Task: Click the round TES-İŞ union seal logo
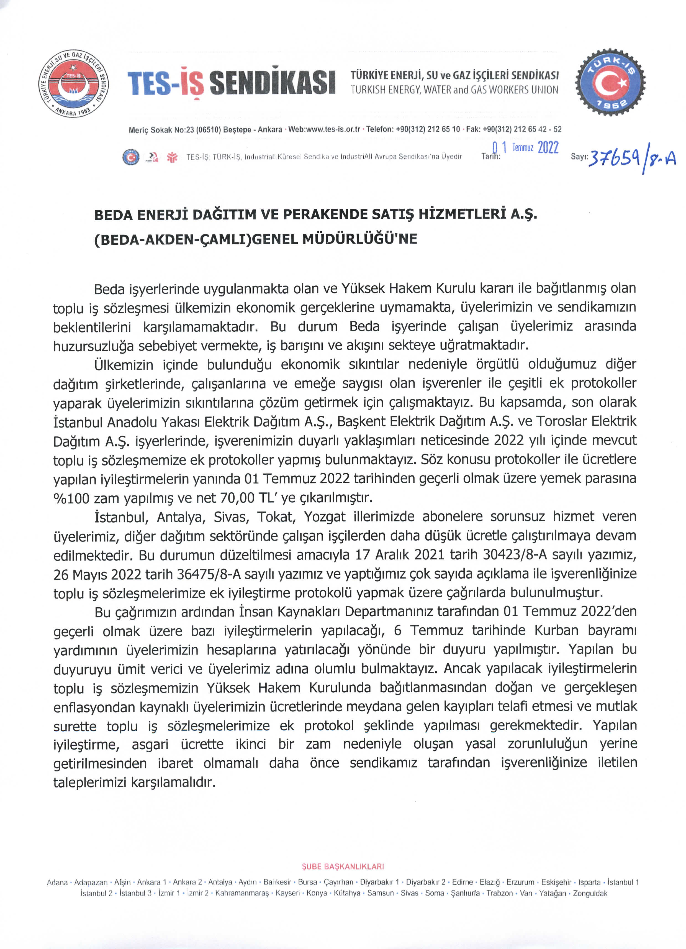pyautogui.click(x=74, y=84)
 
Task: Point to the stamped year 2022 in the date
pyautogui.click(x=548, y=147)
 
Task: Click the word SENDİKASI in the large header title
pyautogui.click(x=272, y=82)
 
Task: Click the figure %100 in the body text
pyautogui.click(x=71, y=498)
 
